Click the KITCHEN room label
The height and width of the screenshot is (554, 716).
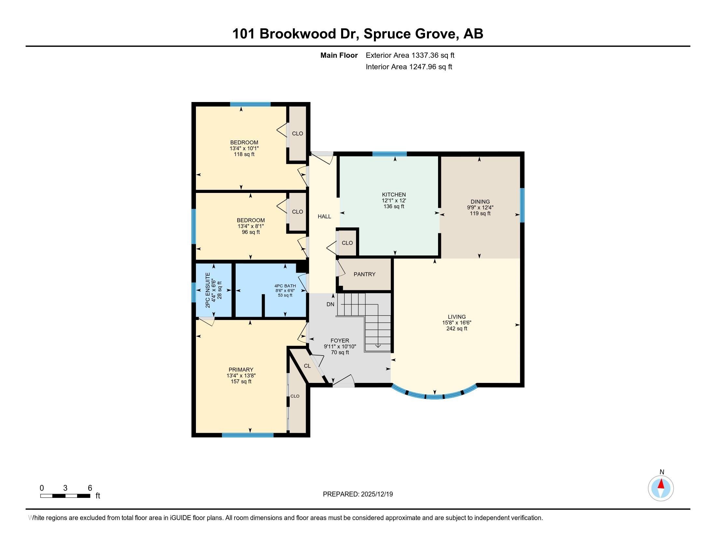(394, 195)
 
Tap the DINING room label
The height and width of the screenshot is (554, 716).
(480, 202)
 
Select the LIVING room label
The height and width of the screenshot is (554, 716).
(457, 317)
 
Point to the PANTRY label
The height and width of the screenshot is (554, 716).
(365, 274)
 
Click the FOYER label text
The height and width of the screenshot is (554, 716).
(340, 341)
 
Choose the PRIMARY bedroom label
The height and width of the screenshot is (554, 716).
(241, 370)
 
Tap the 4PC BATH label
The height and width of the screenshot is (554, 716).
(285, 286)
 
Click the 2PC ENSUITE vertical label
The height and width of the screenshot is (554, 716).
(208, 290)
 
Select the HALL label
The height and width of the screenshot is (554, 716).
(324, 217)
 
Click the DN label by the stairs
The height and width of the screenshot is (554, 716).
(330, 304)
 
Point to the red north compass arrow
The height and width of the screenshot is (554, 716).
(661, 484)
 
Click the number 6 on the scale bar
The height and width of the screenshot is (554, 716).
(90, 488)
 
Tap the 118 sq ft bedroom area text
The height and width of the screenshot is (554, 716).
(244, 154)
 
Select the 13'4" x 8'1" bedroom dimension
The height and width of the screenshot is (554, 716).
(251, 226)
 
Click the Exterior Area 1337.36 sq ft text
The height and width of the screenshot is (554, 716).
(410, 55)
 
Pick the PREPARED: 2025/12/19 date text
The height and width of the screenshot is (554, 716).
(358, 494)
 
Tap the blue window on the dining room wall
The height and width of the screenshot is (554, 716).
(522, 205)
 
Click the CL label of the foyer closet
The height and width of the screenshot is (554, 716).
(307, 366)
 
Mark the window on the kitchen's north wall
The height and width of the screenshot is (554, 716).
(390, 153)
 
